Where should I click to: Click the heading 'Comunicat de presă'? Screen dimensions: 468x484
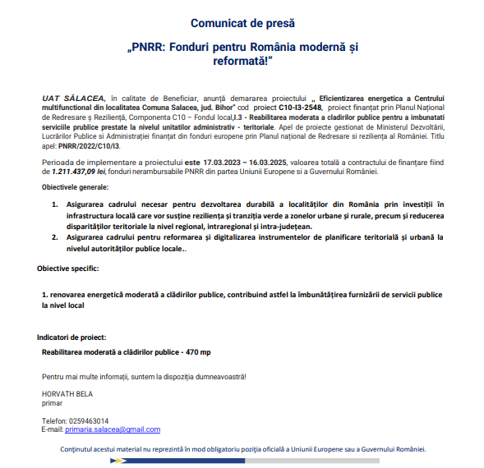(x=242, y=23)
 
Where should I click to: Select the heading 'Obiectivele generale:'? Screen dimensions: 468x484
(x=78, y=188)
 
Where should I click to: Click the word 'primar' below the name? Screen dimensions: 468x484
(x=52, y=403)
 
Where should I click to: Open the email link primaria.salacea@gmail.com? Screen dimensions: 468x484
(x=113, y=429)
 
